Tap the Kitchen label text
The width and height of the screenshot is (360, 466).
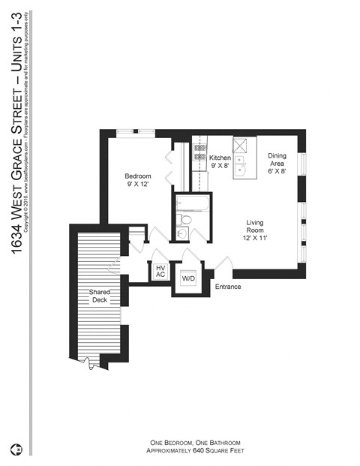[x=220, y=162]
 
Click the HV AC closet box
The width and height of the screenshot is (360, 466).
[x=160, y=271]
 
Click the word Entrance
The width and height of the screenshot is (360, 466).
[x=228, y=287]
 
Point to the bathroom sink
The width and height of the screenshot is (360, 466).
[x=181, y=234]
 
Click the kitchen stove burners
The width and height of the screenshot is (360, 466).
[x=199, y=153]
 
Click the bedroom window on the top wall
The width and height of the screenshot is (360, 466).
[x=136, y=133]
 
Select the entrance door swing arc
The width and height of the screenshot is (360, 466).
[x=222, y=265]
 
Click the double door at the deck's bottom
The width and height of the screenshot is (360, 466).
[x=91, y=364]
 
